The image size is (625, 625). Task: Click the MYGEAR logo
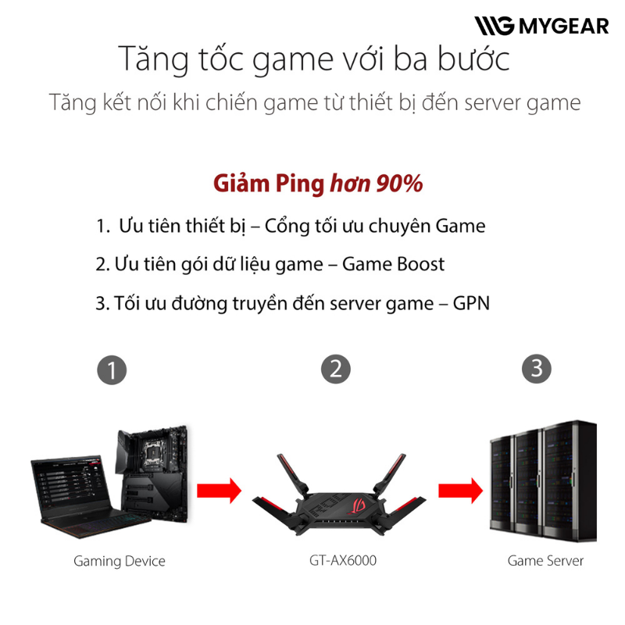point(541,26)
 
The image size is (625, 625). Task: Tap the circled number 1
point(112,370)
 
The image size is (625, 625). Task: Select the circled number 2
point(336,369)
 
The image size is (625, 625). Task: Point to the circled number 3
point(537,369)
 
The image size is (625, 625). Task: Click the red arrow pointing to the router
point(220,491)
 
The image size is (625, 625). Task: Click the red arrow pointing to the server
point(460,491)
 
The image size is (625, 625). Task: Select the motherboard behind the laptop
point(152,473)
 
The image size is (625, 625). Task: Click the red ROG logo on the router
point(356,505)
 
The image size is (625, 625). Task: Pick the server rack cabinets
point(543,480)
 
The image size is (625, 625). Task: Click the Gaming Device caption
point(120,561)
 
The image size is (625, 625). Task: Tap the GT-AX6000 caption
point(343,560)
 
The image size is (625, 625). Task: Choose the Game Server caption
point(545,561)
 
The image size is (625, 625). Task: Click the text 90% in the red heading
point(400,184)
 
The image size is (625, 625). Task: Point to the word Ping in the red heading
point(300,184)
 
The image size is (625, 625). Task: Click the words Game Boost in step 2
point(393,264)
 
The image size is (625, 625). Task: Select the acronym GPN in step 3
point(471,303)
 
